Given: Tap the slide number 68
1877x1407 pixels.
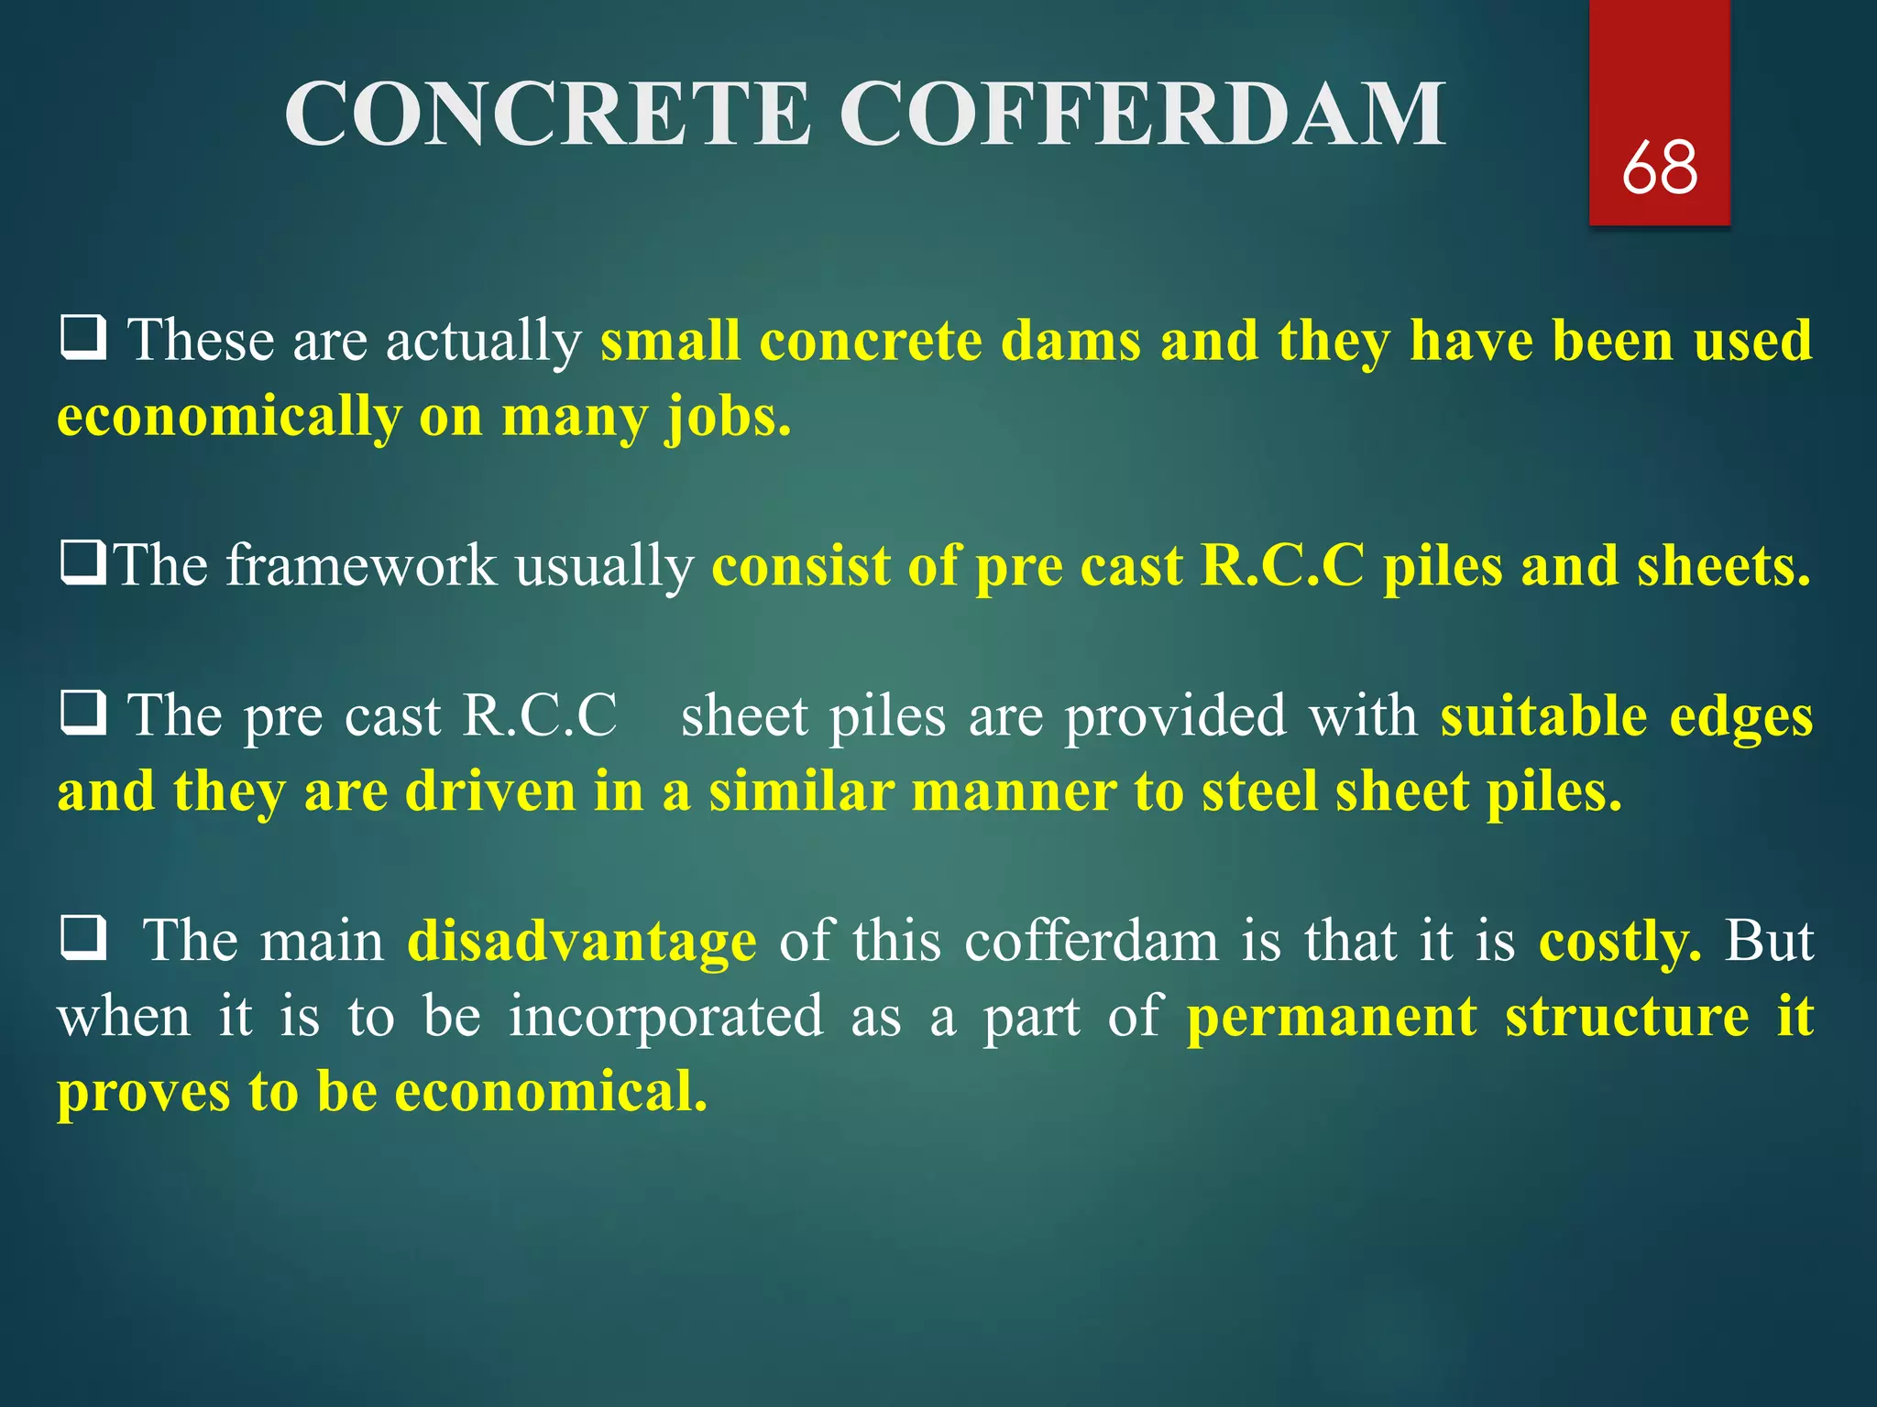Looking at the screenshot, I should click(1659, 169).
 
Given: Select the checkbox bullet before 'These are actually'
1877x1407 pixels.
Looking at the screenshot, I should click(83, 337).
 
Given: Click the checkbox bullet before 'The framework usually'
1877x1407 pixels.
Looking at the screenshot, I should click(83, 562).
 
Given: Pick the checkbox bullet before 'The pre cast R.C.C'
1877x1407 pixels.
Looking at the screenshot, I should click(83, 713).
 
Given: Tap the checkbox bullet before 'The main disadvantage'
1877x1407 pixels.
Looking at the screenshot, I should click(83, 938).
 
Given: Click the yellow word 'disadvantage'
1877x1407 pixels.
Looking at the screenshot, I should click(582, 942).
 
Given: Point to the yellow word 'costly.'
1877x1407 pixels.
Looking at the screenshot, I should click(1619, 942).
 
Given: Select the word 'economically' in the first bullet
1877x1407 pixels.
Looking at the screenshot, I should click(229, 417).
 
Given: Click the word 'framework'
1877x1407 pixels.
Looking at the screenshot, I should click(361, 565).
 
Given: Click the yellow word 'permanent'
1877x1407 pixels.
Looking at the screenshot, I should click(1332, 1018).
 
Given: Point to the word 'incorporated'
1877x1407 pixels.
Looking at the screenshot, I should click(666, 1018).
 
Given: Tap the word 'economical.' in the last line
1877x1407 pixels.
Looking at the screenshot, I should click(552, 1092).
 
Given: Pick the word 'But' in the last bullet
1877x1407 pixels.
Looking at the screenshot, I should click(1769, 942).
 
